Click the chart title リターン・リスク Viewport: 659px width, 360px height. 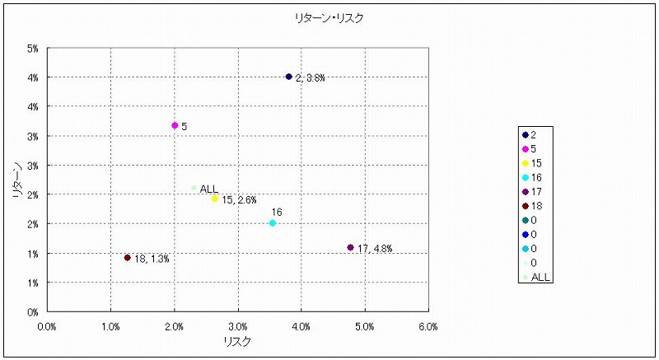[x=329, y=17]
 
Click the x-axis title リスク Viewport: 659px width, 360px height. [x=237, y=341]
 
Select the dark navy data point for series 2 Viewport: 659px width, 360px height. [x=289, y=77]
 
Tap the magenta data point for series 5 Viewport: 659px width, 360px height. [x=175, y=125]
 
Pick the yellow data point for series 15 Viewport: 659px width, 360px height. [x=215, y=199]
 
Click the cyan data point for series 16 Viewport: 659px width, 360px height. [x=273, y=223]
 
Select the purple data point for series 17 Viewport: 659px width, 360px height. [x=351, y=247]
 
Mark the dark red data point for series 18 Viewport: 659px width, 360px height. [x=128, y=257]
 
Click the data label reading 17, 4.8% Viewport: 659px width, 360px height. [x=376, y=249]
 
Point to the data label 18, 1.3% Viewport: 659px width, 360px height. [x=152, y=259]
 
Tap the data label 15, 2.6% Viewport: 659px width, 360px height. [x=240, y=200]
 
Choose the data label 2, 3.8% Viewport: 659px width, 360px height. [x=311, y=78]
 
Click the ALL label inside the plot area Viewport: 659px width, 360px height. [x=209, y=189]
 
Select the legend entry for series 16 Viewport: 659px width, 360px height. [x=534, y=178]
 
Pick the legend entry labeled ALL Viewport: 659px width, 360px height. [x=540, y=277]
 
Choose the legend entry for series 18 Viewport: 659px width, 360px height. [x=534, y=206]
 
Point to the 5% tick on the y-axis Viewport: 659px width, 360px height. [x=33, y=49]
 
